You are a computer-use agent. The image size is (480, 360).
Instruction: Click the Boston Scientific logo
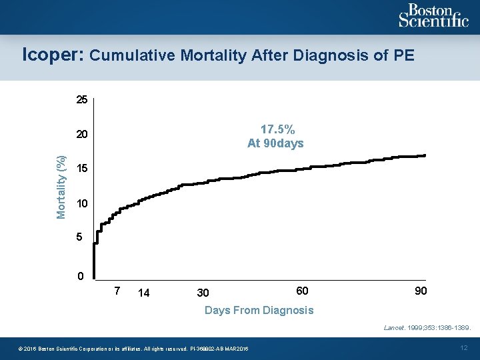click(x=433, y=15)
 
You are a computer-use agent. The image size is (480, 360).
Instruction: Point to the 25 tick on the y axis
click(x=81, y=101)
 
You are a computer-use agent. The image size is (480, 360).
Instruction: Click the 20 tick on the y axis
click(x=81, y=135)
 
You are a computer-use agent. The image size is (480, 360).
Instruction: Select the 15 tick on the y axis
click(x=81, y=169)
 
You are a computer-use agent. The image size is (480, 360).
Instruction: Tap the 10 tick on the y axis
click(x=81, y=203)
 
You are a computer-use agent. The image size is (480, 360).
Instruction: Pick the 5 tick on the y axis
click(x=79, y=237)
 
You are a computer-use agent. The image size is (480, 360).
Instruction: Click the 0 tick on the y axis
click(x=80, y=276)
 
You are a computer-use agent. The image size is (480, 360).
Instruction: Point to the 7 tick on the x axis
click(x=117, y=291)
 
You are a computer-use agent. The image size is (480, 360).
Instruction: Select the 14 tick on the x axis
click(x=143, y=293)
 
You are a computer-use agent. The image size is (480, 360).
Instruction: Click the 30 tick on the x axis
click(x=203, y=293)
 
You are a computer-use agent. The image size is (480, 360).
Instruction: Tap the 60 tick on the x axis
click(x=302, y=291)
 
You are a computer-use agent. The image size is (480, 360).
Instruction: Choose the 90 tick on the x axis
click(x=420, y=291)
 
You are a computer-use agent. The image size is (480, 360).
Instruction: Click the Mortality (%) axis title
click(x=61, y=187)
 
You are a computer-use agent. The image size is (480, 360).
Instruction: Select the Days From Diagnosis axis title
click(x=259, y=310)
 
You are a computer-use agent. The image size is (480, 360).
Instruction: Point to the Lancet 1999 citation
click(x=427, y=328)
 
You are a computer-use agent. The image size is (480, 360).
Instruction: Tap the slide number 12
click(x=465, y=348)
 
